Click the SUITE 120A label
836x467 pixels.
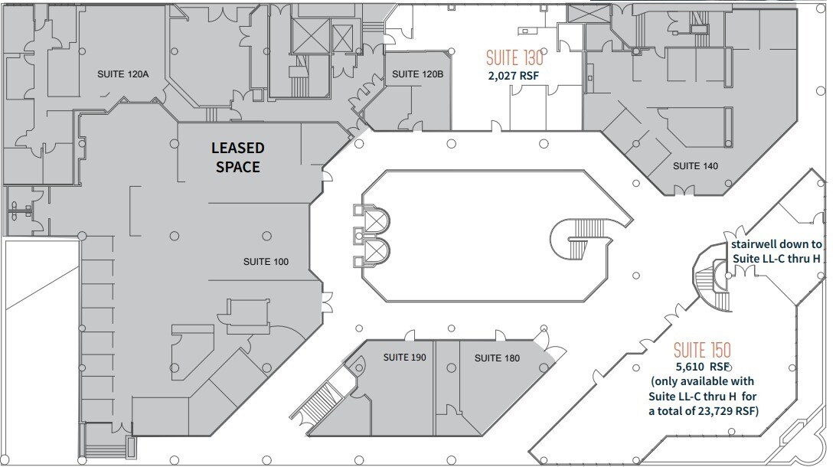pyautogui.click(x=122, y=74)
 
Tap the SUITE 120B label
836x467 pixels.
pyautogui.click(x=417, y=74)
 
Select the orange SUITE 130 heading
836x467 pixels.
pyautogui.click(x=514, y=57)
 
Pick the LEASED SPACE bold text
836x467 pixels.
pyautogui.click(x=237, y=156)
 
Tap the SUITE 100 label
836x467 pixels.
pyautogui.click(x=266, y=262)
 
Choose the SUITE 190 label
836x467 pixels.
pyautogui.click(x=404, y=358)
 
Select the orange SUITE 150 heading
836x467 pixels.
pyautogui.click(x=701, y=351)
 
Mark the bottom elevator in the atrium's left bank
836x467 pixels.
pyautogui.click(x=375, y=250)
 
